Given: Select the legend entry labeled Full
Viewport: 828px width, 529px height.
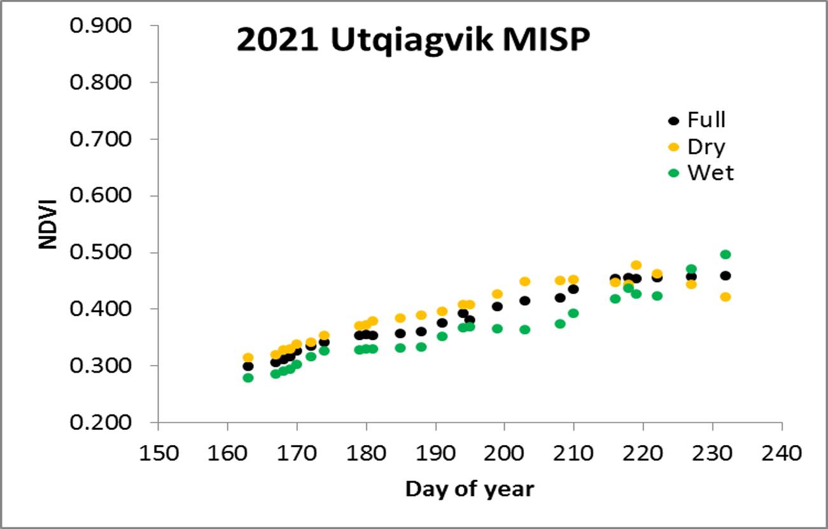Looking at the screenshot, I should coord(697,120).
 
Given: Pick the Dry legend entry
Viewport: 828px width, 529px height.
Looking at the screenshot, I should coord(697,147).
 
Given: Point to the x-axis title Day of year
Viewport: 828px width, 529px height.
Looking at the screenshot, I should coord(470,489).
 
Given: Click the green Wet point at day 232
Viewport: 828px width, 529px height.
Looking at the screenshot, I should coord(726,254).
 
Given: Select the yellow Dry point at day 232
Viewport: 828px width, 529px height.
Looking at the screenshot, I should coord(726,297).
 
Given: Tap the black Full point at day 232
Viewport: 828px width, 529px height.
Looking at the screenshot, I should coord(726,276).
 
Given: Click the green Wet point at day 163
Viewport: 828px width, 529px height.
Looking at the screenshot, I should coord(248,378).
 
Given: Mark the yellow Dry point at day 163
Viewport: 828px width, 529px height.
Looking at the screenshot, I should coord(248,358).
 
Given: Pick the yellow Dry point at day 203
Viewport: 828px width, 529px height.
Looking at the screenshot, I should coord(525,282).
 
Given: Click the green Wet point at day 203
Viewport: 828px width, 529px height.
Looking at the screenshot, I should coord(525,329).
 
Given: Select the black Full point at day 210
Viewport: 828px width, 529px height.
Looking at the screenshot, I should coord(573,289).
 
